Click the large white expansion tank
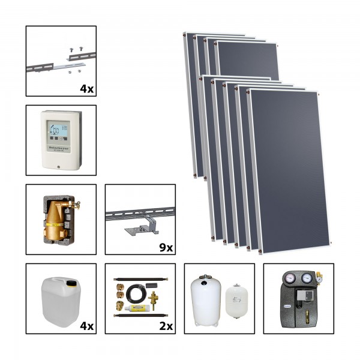coord(206,298)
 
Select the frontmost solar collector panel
coord(289,168)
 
